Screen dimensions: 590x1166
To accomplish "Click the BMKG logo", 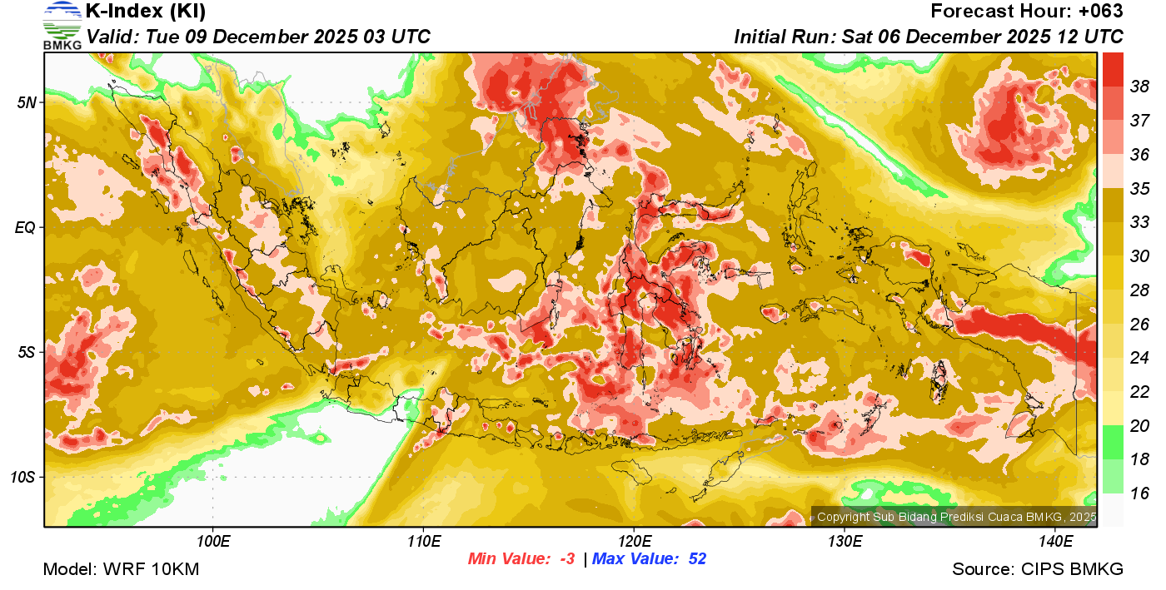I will click(x=62, y=26).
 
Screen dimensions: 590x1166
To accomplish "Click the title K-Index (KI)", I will click(x=146, y=12).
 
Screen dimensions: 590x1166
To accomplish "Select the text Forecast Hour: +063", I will click(x=1027, y=12).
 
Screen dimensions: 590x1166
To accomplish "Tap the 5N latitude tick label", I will click(x=27, y=102).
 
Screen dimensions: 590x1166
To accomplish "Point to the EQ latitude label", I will click(x=25, y=227).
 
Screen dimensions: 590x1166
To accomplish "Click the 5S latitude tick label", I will click(x=27, y=352).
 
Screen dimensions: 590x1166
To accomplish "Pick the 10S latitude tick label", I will click(x=23, y=477).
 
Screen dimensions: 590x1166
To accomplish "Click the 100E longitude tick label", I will click(x=213, y=542).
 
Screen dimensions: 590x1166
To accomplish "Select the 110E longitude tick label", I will click(x=423, y=542).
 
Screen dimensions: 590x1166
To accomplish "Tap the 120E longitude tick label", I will click(x=634, y=542).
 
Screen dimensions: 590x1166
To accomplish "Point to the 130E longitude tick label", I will click(x=845, y=542).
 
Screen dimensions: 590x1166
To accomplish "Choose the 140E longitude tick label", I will click(x=1055, y=542).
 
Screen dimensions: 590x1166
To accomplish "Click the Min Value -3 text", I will click(x=521, y=559).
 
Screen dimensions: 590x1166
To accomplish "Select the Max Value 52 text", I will click(x=649, y=559).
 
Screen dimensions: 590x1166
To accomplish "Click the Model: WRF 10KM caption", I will click(x=121, y=570).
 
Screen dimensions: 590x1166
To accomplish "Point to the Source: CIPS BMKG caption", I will click(x=1038, y=570).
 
